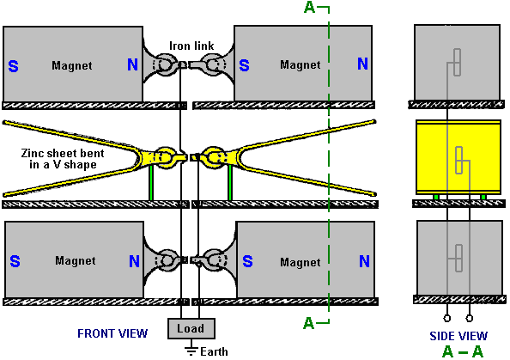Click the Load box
(191, 328)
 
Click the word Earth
(214, 352)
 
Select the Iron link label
(191, 46)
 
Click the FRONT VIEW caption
(112, 333)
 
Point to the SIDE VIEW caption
(458, 336)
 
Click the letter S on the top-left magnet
(14, 66)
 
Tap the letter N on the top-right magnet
(362, 64)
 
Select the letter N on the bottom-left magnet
(134, 261)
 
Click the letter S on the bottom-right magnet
(247, 261)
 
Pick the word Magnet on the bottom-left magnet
(76, 260)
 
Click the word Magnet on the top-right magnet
(301, 64)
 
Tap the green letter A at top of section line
(309, 8)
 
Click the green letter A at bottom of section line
(309, 323)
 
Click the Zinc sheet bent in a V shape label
(63, 159)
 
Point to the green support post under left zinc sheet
(151, 183)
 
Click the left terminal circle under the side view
(447, 318)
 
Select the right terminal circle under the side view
(470, 318)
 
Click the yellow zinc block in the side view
(458, 157)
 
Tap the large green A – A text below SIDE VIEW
(463, 352)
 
